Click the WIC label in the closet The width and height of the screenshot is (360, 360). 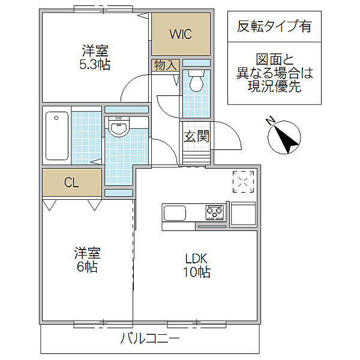click(x=181, y=34)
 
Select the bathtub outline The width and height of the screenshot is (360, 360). click(x=57, y=136)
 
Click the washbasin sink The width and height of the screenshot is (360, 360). click(x=118, y=128)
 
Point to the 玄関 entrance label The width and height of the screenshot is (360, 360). click(x=197, y=136)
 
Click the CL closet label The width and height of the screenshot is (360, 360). click(x=71, y=183)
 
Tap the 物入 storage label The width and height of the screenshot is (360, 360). click(x=166, y=65)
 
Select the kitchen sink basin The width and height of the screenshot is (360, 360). click(x=174, y=213)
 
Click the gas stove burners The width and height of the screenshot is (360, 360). click(x=215, y=212)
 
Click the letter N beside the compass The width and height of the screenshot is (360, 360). click(x=271, y=121)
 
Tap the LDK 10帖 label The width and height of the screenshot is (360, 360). click(x=197, y=265)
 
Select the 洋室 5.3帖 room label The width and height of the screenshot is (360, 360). click(x=95, y=58)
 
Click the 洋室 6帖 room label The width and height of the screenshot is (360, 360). click(x=87, y=260)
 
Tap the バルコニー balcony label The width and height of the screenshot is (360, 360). click(x=150, y=338)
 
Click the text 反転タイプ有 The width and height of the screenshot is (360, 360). click(x=274, y=26)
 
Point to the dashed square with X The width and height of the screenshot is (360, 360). click(x=243, y=181)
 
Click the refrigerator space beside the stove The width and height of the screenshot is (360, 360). click(x=243, y=214)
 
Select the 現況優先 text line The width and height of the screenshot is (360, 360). click(x=274, y=86)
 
